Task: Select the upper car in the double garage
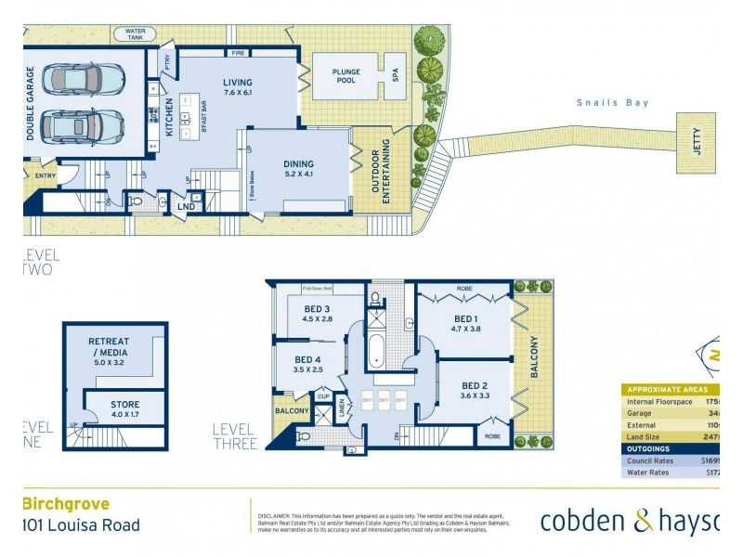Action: point(84,79)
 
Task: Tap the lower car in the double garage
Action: point(84,126)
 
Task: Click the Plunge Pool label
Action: point(332,74)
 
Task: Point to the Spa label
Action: point(395,74)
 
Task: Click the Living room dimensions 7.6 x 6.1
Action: point(237,94)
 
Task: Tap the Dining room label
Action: point(298,164)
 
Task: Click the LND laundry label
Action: point(187,206)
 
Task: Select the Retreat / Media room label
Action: point(109,346)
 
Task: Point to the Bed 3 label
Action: point(317,309)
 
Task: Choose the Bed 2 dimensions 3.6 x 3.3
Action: point(474,395)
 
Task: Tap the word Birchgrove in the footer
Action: point(66,504)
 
